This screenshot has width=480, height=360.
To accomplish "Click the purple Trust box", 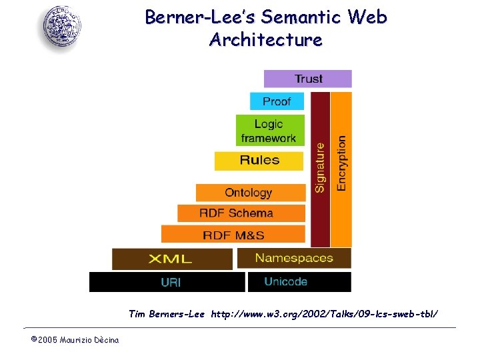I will pyautogui.click(x=307, y=79).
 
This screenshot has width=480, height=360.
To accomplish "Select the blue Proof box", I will pyautogui.click(x=277, y=101).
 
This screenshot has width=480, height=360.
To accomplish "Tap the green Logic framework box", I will pyautogui.click(x=269, y=131).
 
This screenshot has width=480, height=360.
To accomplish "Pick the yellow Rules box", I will pyautogui.click(x=259, y=160).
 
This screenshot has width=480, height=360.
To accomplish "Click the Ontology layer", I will pyautogui.click(x=249, y=193).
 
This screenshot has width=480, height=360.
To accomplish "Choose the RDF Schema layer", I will pyautogui.click(x=240, y=213).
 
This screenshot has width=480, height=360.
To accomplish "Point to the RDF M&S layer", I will pyautogui.click(x=233, y=235).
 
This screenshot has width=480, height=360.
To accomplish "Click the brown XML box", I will pyautogui.click(x=171, y=259).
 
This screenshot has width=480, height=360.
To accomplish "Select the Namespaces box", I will pyautogui.click(x=294, y=258).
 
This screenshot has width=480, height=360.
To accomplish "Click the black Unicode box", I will pyautogui.click(x=299, y=282).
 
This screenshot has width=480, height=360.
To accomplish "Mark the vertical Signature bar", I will pyautogui.click(x=320, y=169).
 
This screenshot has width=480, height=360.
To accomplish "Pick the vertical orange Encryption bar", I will pyautogui.click(x=341, y=169).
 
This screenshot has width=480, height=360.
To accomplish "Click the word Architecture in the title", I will pyautogui.click(x=265, y=40).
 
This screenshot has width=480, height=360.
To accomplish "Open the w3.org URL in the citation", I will pyautogui.click(x=325, y=313).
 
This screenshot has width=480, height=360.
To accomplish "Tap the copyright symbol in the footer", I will pyautogui.click(x=33, y=340).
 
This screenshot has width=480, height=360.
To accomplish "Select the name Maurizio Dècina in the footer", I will pyautogui.click(x=89, y=341).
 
